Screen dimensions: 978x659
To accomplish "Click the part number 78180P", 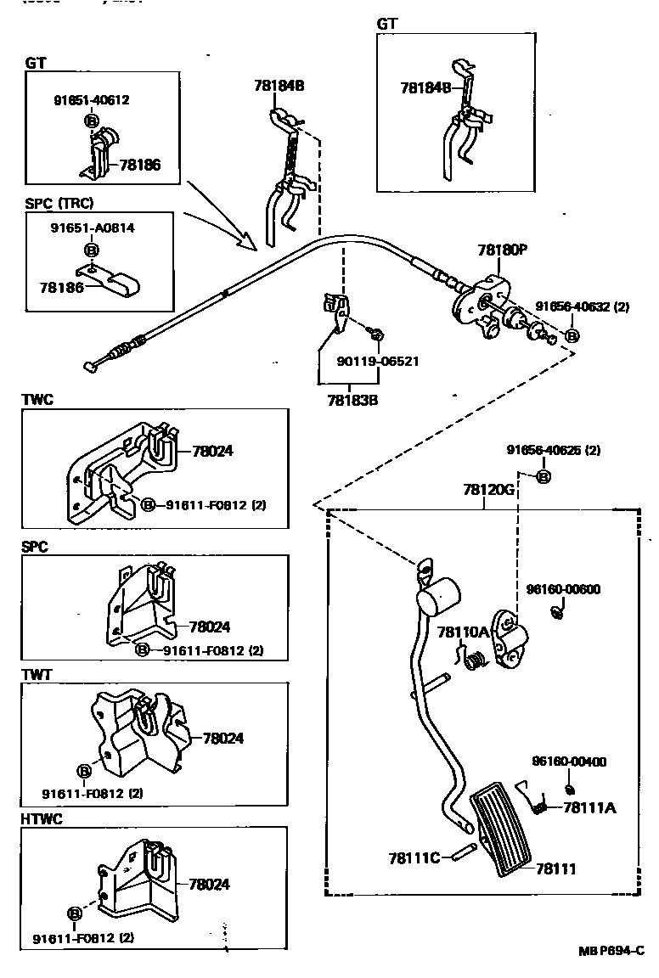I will (503, 250).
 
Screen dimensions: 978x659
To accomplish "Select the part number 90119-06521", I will (378, 361).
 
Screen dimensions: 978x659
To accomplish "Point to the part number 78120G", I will (489, 490).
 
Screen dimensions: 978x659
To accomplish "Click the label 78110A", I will (464, 632).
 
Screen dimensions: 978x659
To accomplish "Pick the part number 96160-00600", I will (563, 588).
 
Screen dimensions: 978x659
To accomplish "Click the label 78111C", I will (414, 857).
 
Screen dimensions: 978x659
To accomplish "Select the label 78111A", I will (589, 807).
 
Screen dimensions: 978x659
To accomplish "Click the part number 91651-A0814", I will (93, 228).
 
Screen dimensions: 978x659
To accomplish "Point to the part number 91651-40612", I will (90, 100).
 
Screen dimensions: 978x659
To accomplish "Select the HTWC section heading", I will (42, 819).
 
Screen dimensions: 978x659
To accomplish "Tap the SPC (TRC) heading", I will (59, 204).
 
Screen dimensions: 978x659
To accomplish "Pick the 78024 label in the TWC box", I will (212, 452).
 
